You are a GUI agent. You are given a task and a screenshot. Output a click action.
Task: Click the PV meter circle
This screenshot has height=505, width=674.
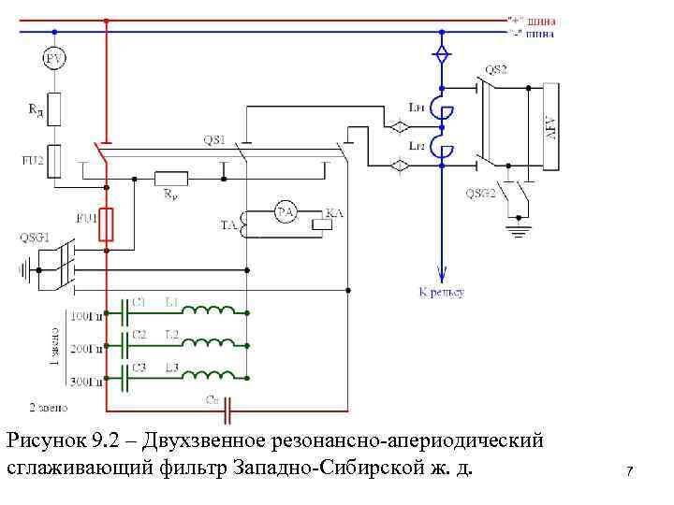[x=55, y=59]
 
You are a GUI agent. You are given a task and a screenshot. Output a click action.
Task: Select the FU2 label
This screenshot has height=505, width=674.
[x=34, y=160]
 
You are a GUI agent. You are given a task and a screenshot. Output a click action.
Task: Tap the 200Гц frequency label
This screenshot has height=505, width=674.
[x=87, y=349]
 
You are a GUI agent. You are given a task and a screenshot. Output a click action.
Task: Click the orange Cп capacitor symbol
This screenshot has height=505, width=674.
[x=225, y=408]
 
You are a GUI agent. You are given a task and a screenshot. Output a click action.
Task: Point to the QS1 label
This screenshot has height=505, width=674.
[x=214, y=140]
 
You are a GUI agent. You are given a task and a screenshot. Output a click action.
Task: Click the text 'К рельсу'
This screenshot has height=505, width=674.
[x=441, y=292]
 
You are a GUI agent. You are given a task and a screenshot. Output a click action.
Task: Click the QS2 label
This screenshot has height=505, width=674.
[x=496, y=69]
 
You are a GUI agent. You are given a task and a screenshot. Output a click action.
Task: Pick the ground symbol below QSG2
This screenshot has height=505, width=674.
[x=516, y=227]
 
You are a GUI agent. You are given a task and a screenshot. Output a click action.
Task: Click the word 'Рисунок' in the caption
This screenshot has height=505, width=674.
[x=47, y=439]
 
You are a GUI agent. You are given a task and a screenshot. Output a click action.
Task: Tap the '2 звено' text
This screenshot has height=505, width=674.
[x=47, y=408]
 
